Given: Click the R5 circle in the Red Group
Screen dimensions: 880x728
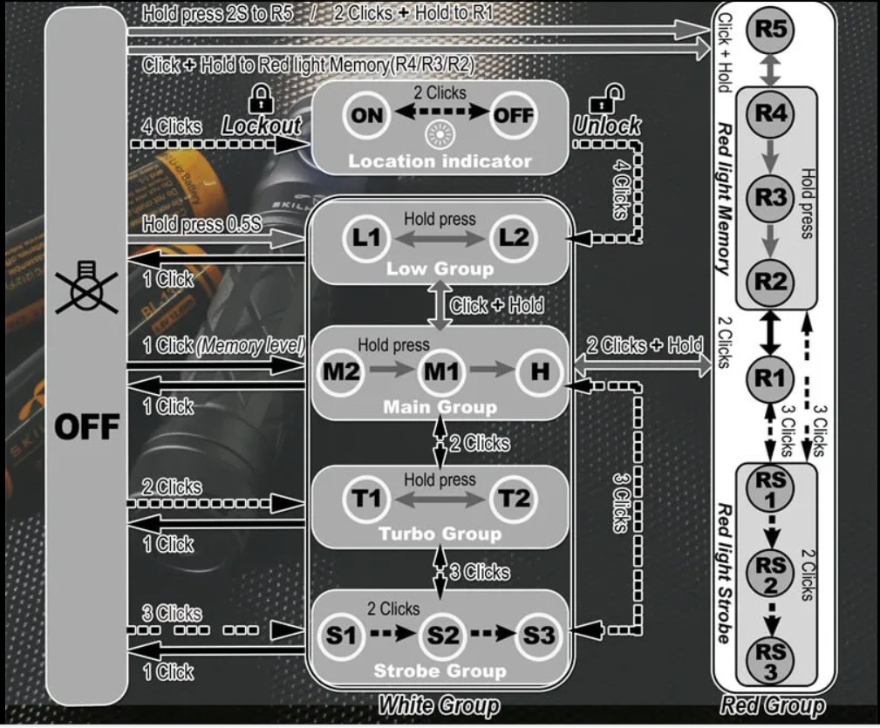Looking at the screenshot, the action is pyautogui.click(x=770, y=29).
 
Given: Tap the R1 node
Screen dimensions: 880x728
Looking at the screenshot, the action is pyautogui.click(x=770, y=378).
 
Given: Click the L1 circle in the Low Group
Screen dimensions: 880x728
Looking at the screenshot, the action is pyautogui.click(x=366, y=238).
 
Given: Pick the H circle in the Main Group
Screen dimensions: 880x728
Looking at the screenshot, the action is pyautogui.click(x=540, y=371).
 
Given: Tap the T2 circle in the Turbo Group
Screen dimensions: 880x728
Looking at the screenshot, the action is pyautogui.click(x=514, y=499).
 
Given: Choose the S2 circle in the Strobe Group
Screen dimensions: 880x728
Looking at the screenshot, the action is pyautogui.click(x=443, y=636).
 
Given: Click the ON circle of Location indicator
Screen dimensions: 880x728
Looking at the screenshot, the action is pyautogui.click(x=366, y=115).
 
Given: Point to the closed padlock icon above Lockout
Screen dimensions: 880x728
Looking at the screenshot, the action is pyautogui.click(x=261, y=99).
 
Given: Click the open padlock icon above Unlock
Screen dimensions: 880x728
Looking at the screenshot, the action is pyautogui.click(x=606, y=99).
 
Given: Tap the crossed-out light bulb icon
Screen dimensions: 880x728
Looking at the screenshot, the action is pyautogui.click(x=86, y=287).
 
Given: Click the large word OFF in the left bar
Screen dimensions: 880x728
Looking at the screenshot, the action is pyautogui.click(x=87, y=426).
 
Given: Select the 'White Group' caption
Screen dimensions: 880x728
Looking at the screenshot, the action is pyautogui.click(x=439, y=705).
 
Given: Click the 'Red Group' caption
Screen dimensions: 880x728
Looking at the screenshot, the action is pyautogui.click(x=772, y=705).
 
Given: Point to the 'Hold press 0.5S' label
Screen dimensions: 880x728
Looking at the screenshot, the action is pyautogui.click(x=202, y=224).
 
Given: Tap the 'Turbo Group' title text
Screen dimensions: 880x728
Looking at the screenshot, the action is pyautogui.click(x=440, y=534).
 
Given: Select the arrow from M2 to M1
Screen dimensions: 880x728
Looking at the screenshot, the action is pyautogui.click(x=392, y=370).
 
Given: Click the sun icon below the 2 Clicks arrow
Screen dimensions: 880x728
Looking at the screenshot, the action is pyautogui.click(x=440, y=134).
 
